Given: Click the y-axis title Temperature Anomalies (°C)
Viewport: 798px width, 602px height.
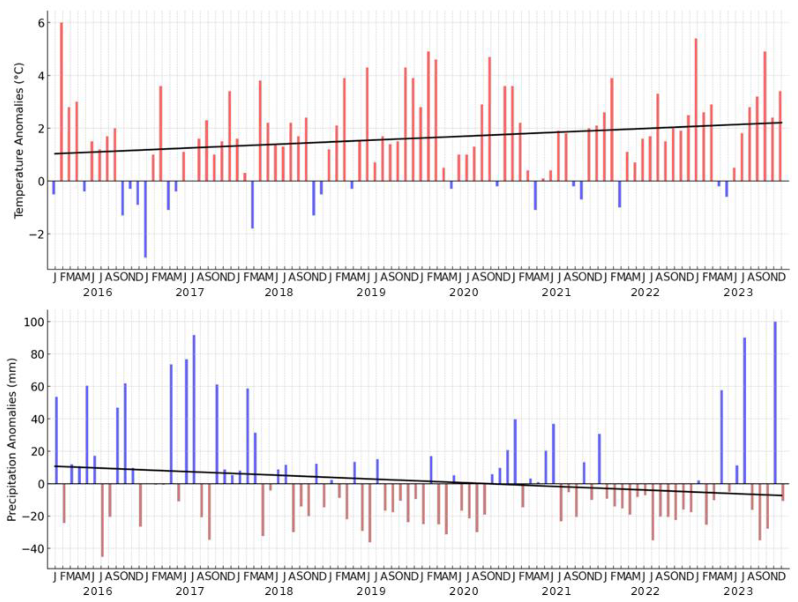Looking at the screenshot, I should click(19, 141).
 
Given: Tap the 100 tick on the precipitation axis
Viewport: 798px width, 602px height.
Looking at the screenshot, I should click(33, 322).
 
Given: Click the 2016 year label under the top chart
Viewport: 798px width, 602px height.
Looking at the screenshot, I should click(98, 292).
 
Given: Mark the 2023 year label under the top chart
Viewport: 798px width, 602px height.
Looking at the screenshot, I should click(739, 292).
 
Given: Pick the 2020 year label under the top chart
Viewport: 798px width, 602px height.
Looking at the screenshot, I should click(464, 292).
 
